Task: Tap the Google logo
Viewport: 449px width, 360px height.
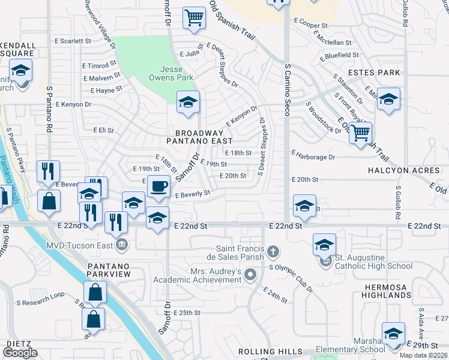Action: click(x=20, y=353)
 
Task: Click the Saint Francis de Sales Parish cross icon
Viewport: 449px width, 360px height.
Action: click(x=273, y=250)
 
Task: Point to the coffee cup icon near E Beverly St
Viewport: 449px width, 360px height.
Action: click(x=158, y=187)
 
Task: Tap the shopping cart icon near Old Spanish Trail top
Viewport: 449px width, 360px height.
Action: click(x=194, y=18)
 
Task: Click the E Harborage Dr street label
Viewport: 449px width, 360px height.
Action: click(x=313, y=157)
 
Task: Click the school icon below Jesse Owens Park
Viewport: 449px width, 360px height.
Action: click(x=188, y=103)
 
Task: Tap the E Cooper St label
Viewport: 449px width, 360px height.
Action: click(x=310, y=26)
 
